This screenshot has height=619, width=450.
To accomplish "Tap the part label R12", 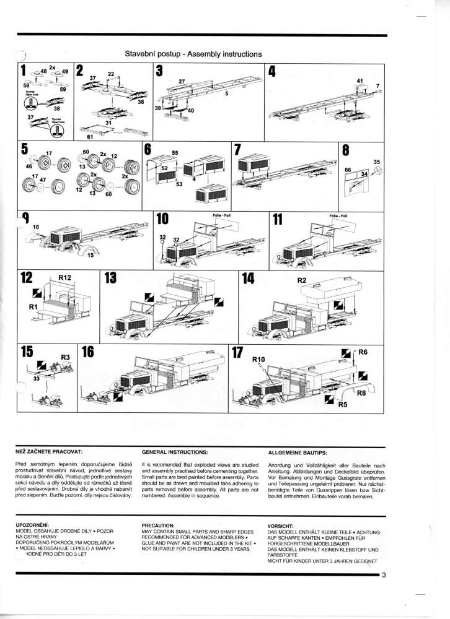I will coord(65,278).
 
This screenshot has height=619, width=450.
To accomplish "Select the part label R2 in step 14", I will coord(302,280).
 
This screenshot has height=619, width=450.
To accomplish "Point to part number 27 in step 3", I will coord(182,82).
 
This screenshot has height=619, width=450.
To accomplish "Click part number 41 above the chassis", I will coord(360,80).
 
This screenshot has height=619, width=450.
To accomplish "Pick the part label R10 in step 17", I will coord(258,360).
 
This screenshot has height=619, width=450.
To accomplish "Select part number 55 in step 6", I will coord(175,152).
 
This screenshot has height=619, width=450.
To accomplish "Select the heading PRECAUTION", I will coord(158,525).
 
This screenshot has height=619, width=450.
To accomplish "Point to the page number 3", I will coord(384,576).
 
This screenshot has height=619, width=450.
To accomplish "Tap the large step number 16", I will coord(87,352).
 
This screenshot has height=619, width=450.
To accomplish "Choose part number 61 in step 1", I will coord(90,136).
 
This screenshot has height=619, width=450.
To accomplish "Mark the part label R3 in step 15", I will coord(65,357).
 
